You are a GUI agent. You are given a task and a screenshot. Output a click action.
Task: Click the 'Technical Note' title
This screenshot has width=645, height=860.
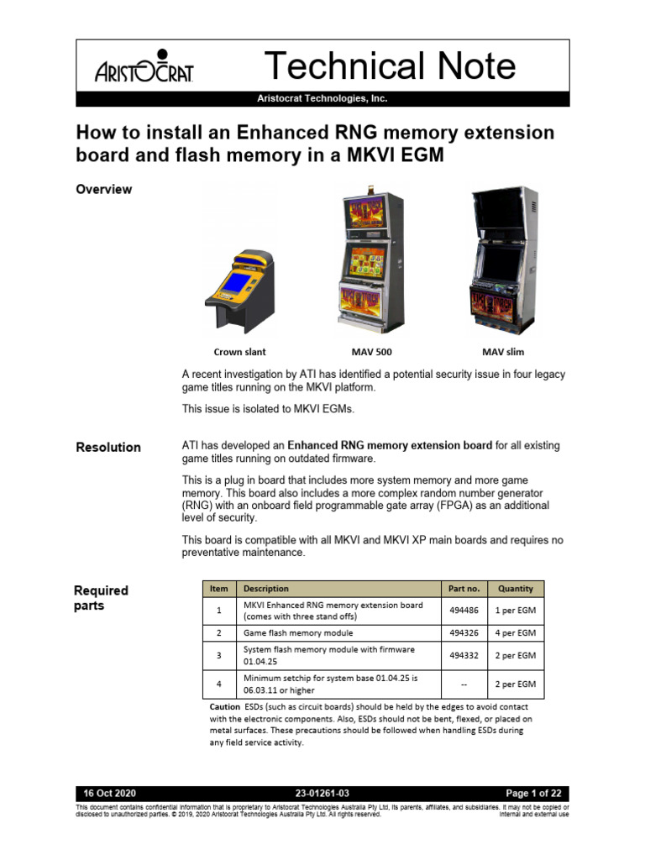click(x=390, y=66)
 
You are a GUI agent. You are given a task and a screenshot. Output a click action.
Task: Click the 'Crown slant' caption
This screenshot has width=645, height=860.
click(x=239, y=352)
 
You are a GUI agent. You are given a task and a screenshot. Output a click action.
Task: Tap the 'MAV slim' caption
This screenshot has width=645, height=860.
click(x=503, y=352)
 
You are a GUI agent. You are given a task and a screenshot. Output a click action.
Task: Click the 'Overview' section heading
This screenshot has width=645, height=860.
click(x=104, y=190)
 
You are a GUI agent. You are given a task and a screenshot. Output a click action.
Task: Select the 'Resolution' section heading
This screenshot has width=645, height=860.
click(x=108, y=447)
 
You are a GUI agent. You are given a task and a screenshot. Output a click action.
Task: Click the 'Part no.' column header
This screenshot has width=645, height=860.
click(x=464, y=589)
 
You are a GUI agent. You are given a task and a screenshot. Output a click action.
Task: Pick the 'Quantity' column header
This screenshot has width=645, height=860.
click(x=516, y=589)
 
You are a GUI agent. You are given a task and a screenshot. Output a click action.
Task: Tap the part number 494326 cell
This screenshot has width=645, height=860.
click(x=464, y=633)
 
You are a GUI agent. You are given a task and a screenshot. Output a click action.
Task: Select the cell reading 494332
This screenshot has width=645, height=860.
click(x=464, y=655)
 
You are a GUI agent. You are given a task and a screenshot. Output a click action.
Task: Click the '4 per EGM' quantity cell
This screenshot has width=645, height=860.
click(x=516, y=633)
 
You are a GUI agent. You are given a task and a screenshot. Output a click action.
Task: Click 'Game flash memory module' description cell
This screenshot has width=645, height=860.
click(x=298, y=633)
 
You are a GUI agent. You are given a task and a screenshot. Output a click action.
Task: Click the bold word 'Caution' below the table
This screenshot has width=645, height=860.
click(x=225, y=707)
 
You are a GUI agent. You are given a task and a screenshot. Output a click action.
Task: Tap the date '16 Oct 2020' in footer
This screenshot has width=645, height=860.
click(x=110, y=794)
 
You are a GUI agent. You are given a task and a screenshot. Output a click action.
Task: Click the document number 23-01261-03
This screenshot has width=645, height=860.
click(x=322, y=794)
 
